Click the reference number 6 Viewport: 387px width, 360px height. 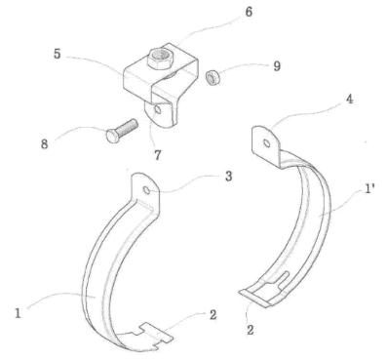249,13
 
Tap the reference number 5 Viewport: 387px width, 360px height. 58,55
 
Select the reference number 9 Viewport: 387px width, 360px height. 277,66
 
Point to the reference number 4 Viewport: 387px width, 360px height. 349,100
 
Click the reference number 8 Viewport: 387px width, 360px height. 45,143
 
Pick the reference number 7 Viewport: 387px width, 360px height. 157,155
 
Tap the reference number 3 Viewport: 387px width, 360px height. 228,177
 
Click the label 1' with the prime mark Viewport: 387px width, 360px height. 368,189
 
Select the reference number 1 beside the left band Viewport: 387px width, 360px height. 18,313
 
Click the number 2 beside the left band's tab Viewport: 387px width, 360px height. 213,314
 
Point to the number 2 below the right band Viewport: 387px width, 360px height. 250,330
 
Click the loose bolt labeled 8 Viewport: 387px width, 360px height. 122,130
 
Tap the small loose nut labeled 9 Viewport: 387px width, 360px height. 213,78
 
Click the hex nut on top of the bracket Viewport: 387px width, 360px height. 159,59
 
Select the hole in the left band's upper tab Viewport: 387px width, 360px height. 147,190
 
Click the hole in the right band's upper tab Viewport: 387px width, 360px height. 266,143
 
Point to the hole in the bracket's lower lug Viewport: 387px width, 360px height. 158,109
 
